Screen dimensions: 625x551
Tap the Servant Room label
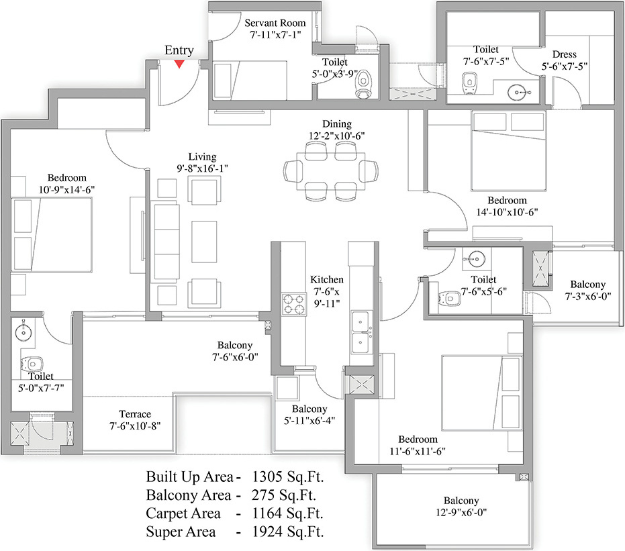(275, 23)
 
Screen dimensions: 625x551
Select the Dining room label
(337, 124)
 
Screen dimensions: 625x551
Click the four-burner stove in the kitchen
(294, 305)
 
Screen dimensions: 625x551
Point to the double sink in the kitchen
(362, 332)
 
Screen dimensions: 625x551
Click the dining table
(331, 171)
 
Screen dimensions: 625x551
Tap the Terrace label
(135, 414)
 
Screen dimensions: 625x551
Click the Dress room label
(565, 54)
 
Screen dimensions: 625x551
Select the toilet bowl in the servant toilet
(363, 84)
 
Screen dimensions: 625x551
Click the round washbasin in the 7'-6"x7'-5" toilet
(517, 93)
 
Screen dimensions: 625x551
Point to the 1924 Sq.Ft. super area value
(287, 532)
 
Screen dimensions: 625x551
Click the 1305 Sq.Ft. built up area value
(288, 477)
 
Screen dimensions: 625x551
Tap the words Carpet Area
(183, 513)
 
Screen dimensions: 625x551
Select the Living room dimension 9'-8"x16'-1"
(203, 168)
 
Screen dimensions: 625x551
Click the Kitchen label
(327, 279)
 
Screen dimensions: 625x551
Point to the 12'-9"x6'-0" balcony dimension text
(461, 512)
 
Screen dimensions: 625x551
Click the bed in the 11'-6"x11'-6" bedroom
(482, 393)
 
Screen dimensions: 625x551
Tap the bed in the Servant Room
(250, 81)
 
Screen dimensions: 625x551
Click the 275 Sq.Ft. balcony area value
(284, 495)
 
